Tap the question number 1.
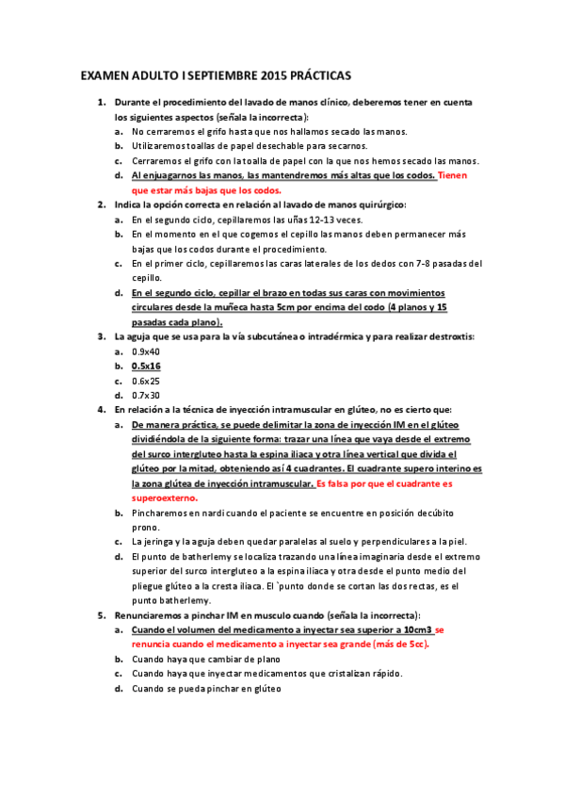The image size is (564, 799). (101, 102)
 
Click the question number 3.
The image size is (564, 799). (101, 335)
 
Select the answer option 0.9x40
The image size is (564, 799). (146, 351)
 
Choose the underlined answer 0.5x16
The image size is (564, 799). (146, 366)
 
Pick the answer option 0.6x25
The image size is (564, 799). (146, 381)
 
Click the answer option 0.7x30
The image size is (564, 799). (146, 395)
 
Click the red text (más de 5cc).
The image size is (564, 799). (398, 644)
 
